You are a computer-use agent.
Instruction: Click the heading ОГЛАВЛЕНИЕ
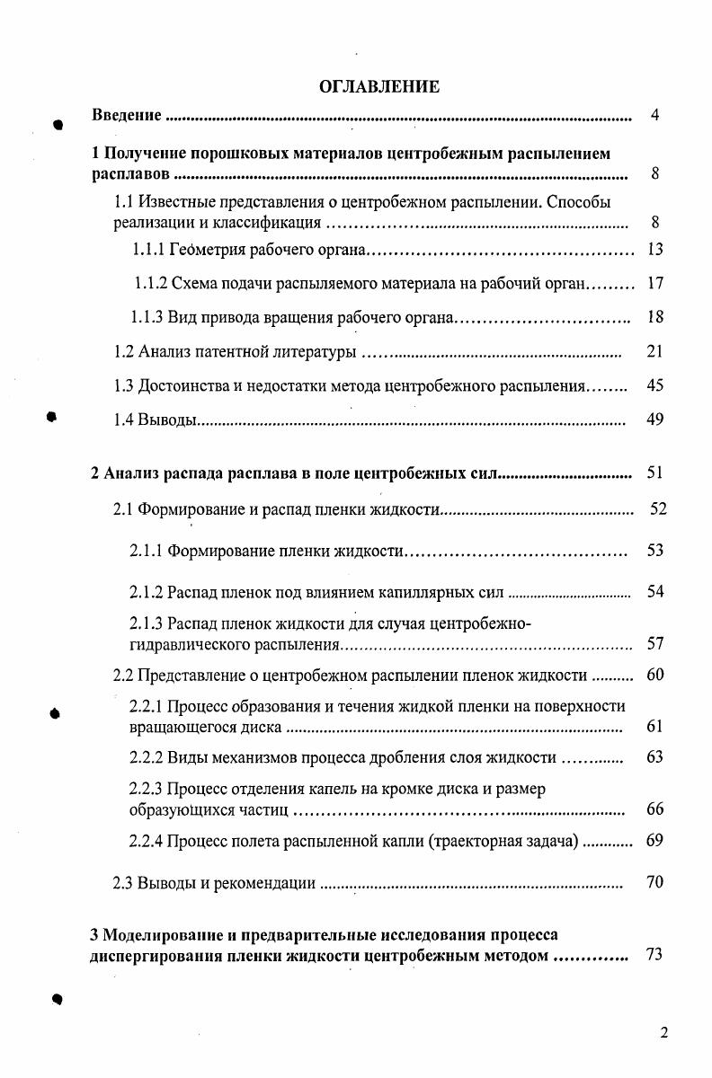click(x=378, y=87)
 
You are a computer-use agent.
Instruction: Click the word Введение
click(x=127, y=116)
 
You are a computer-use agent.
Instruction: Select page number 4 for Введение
click(x=655, y=116)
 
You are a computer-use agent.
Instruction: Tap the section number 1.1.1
click(x=147, y=249)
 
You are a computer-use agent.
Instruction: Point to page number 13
click(x=654, y=249)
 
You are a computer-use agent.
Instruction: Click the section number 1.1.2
click(x=151, y=284)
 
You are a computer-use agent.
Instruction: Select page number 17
click(x=654, y=284)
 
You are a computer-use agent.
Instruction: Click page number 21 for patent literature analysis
click(x=654, y=351)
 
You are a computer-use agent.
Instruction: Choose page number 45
click(x=654, y=386)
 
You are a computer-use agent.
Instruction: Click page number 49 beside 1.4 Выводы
click(x=654, y=420)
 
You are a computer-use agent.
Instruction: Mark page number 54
click(x=654, y=592)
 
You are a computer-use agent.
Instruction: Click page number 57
click(x=654, y=643)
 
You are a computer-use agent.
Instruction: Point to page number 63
click(x=654, y=757)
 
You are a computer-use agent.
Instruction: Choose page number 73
click(x=654, y=955)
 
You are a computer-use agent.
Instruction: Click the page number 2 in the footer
click(x=663, y=1032)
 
